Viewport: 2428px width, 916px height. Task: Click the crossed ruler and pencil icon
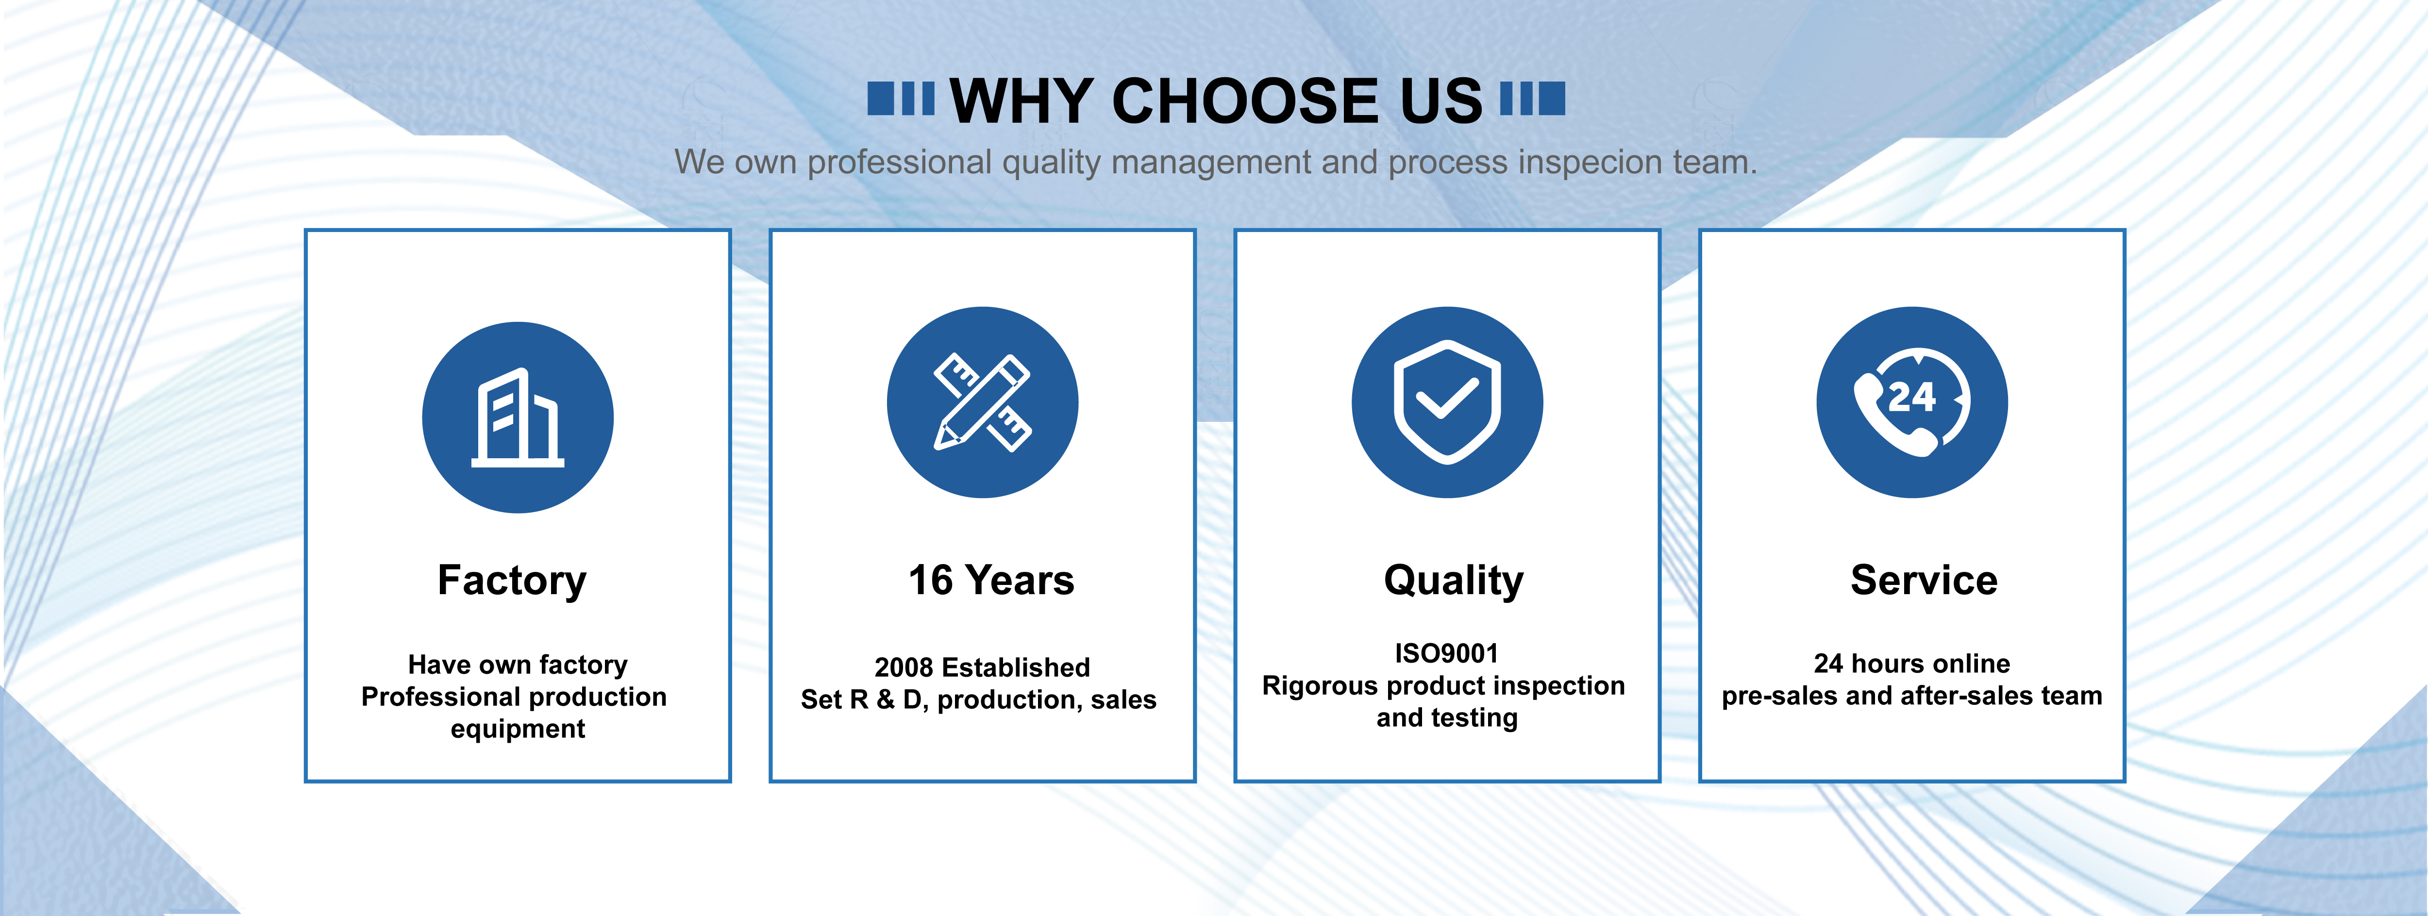(982, 402)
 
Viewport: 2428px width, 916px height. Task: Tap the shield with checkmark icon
(1447, 402)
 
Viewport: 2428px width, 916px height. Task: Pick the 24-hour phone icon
(1911, 402)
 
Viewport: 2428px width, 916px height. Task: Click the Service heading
(1924, 581)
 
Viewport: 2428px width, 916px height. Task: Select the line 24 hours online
(1911, 664)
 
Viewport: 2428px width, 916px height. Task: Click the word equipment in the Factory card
(518, 730)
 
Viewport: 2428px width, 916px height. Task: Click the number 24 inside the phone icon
(1911, 397)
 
